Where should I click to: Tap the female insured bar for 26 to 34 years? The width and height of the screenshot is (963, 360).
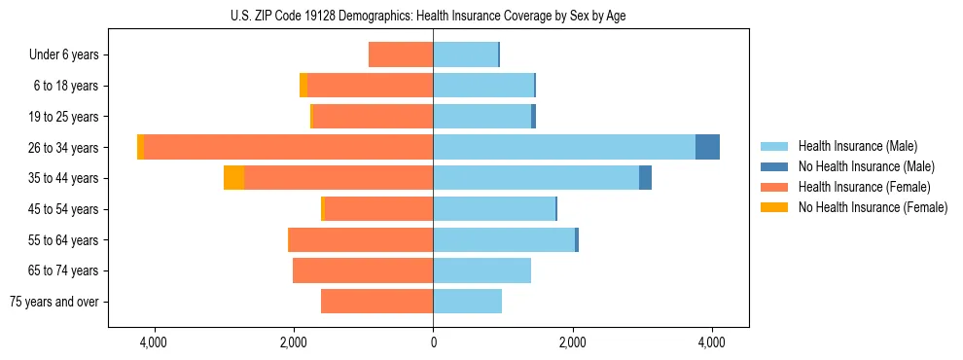pyautogui.click(x=288, y=147)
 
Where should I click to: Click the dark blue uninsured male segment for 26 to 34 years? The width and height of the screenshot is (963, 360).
pyautogui.click(x=707, y=147)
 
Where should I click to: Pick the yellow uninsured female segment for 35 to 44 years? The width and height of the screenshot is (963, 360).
pyautogui.click(x=233, y=178)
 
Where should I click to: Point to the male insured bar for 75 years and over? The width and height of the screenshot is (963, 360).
pyautogui.click(x=468, y=302)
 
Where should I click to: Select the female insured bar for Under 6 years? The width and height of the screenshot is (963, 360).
pyautogui.click(x=401, y=54)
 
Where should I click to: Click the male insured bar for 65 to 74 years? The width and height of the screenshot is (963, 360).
pyautogui.click(x=482, y=270)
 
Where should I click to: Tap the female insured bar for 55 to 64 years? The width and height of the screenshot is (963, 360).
pyautogui.click(x=361, y=239)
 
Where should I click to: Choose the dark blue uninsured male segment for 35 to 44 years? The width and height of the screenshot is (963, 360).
pyautogui.click(x=645, y=178)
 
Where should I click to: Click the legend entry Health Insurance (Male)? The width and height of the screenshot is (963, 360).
pyautogui.click(x=856, y=146)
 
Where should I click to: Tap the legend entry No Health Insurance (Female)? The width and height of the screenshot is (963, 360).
pyautogui.click(x=872, y=207)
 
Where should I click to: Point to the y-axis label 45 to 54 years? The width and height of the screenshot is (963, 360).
pyautogui.click(x=63, y=209)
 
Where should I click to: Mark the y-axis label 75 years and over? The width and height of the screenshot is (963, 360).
pyautogui.click(x=53, y=302)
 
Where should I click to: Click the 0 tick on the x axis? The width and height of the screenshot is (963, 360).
pyautogui.click(x=433, y=342)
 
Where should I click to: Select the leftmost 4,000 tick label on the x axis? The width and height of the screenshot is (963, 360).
pyautogui.click(x=154, y=342)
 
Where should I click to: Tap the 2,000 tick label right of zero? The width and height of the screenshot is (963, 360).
pyautogui.click(x=572, y=342)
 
